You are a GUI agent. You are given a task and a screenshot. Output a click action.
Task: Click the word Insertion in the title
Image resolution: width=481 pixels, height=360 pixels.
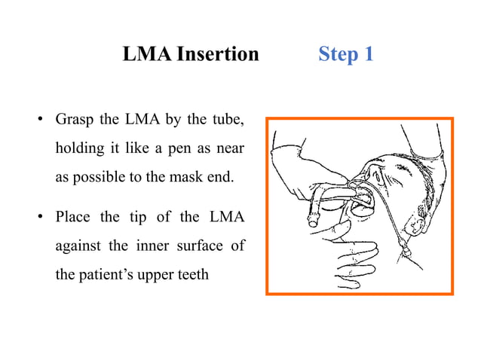218,54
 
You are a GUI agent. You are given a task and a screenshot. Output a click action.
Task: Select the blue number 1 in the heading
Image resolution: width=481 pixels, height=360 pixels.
368,54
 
